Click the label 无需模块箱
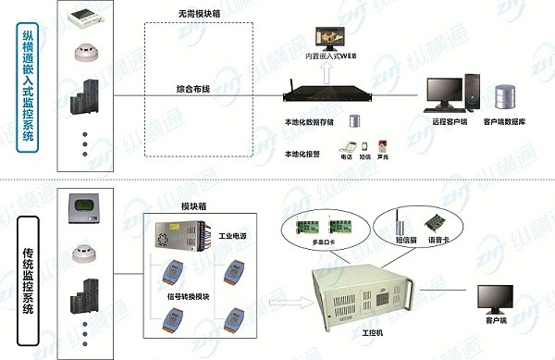tap(199, 16)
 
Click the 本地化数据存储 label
tap(310, 120)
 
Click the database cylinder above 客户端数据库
tap(505, 96)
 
